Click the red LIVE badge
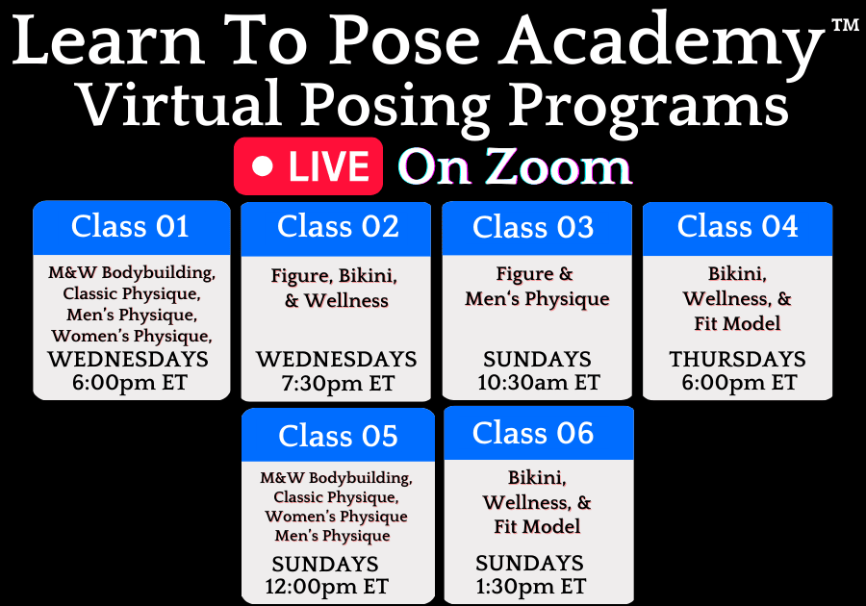308,166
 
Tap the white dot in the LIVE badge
263,166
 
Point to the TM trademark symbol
845,25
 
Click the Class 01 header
132,227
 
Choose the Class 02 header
336,228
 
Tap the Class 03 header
537,228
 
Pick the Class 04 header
737,228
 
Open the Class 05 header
338,435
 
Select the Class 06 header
539,433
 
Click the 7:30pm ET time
338,384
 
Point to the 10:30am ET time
539,382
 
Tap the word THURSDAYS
737,360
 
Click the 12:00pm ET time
327,587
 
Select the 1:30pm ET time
531,586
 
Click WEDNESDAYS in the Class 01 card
128,360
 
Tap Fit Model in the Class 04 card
737,323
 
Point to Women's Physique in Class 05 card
336,517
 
